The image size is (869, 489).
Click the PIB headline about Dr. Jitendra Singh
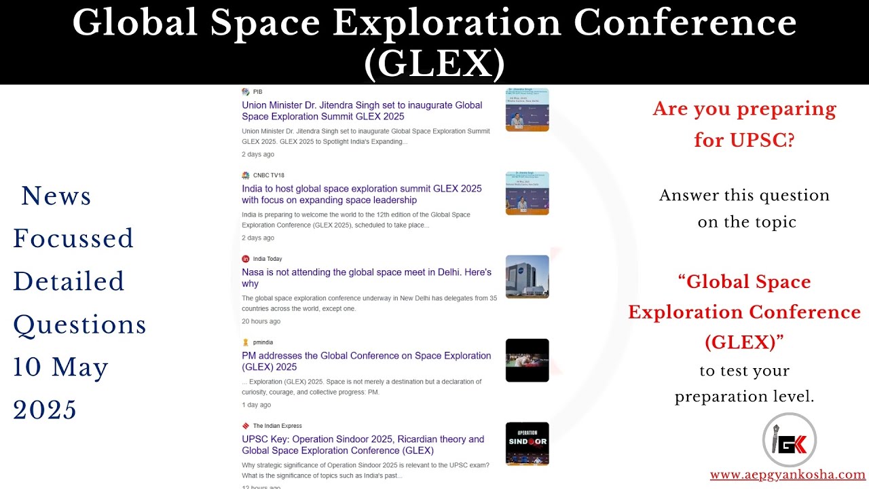point(362,111)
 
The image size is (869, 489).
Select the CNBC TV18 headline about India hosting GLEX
point(362,194)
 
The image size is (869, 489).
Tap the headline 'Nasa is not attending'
point(367,278)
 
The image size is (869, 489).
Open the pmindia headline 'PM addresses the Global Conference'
point(367,361)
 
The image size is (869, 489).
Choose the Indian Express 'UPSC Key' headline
point(363,445)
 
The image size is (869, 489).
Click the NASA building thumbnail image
point(528,276)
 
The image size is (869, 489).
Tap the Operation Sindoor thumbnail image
point(528,443)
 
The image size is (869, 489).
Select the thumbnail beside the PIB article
point(528,109)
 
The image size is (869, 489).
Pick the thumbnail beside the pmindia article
point(528,360)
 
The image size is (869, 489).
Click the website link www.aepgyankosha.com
point(788,475)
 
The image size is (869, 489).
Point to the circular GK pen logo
point(790,441)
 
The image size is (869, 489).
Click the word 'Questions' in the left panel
point(80,325)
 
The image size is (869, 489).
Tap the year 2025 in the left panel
point(45,410)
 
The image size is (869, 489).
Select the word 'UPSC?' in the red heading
point(762,140)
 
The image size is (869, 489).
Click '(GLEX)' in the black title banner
point(434,65)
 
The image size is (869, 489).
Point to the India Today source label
point(267,259)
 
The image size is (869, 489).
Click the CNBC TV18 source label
point(268,175)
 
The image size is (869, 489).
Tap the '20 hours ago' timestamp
point(261,321)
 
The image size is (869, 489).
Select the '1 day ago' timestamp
point(256,405)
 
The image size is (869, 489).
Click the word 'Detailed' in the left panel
point(69,281)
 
